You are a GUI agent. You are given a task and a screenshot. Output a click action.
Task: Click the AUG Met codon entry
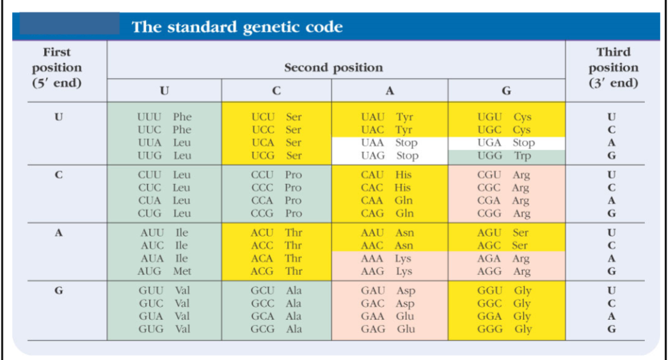164,271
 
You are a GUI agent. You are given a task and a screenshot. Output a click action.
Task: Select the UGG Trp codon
505,156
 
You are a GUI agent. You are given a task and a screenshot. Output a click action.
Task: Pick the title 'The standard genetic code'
237,27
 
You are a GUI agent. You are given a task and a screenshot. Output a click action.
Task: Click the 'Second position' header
333,67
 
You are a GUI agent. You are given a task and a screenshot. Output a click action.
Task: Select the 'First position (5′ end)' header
57,67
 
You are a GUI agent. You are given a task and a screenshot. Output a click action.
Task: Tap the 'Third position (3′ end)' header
613,67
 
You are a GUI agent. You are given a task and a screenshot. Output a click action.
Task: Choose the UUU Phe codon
164,117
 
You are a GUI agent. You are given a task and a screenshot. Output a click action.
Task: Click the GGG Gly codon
505,329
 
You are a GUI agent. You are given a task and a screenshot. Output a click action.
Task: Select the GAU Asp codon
388,290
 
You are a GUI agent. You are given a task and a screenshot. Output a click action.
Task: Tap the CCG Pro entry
276,214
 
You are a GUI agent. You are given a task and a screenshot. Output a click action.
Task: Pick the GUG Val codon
164,329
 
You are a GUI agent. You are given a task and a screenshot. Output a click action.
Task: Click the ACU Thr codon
276,233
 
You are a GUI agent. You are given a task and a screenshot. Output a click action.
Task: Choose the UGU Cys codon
504,117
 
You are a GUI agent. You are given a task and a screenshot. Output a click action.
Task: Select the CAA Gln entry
386,201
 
